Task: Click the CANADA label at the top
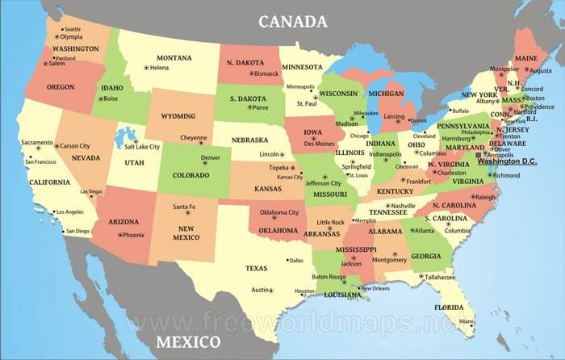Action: (x=292, y=21)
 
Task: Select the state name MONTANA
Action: (x=174, y=57)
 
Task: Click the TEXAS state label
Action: (x=256, y=268)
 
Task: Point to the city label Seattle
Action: (x=73, y=29)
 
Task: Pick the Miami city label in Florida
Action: (x=467, y=321)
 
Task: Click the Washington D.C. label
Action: (x=507, y=161)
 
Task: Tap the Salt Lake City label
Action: (x=142, y=147)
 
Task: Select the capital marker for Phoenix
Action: (x=120, y=235)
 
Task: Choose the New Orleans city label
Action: (x=375, y=288)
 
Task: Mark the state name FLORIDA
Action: (x=449, y=307)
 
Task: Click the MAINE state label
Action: (x=525, y=58)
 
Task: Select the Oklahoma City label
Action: (x=279, y=212)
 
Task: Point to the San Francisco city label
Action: (x=40, y=161)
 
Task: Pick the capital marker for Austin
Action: (x=270, y=290)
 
